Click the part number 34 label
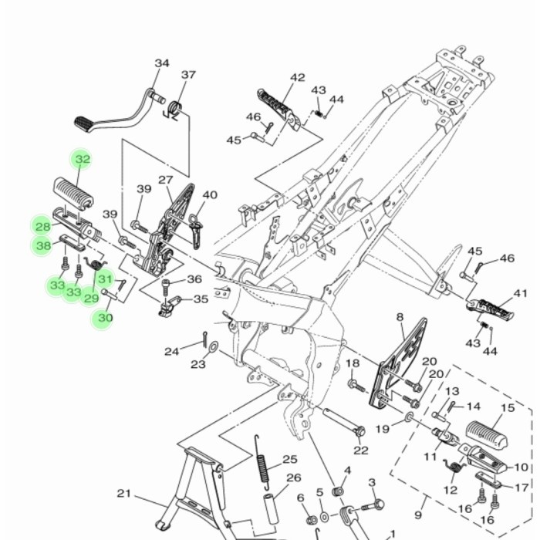(x=161, y=63)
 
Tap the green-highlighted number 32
(x=82, y=160)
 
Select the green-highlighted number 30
(x=101, y=317)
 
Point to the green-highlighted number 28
(x=42, y=226)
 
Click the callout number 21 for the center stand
(x=124, y=494)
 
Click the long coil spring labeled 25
(x=262, y=462)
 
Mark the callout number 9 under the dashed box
(x=419, y=515)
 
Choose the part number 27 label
(x=166, y=180)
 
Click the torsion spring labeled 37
(x=176, y=110)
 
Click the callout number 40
(x=210, y=195)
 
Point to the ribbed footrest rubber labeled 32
(x=76, y=190)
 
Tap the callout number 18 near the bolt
(x=353, y=363)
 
